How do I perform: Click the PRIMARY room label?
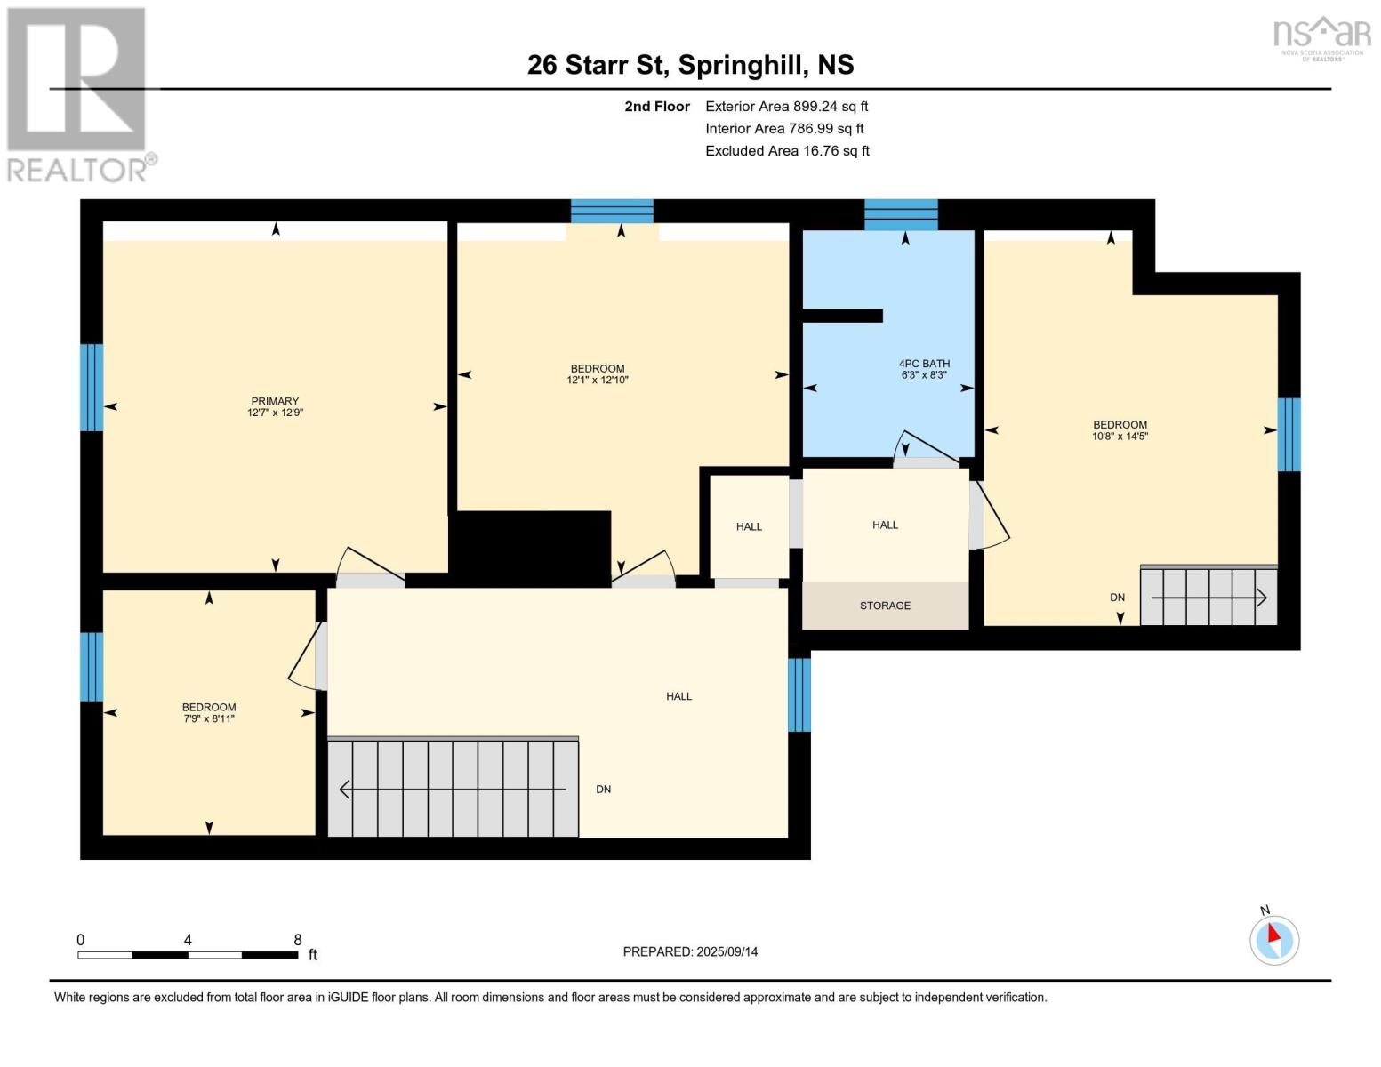275,401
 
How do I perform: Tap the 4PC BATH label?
924,364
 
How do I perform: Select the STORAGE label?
885,606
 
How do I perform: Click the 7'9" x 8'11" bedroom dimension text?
209,718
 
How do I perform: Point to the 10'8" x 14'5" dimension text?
1120,437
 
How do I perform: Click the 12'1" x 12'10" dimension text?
598,380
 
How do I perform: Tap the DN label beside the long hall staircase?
603,790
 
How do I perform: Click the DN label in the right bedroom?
1117,598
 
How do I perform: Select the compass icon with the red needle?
1274,939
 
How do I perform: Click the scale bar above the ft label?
188,955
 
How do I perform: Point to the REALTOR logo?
77,94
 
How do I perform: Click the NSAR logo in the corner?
1321,37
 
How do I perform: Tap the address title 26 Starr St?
690,65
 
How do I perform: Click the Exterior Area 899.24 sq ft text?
786,106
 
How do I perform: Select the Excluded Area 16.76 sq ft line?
787,151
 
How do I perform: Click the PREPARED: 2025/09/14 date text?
690,951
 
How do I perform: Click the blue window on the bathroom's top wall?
901,214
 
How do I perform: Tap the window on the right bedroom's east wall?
1289,434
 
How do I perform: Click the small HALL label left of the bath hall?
749,526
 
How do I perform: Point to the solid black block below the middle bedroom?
534,547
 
